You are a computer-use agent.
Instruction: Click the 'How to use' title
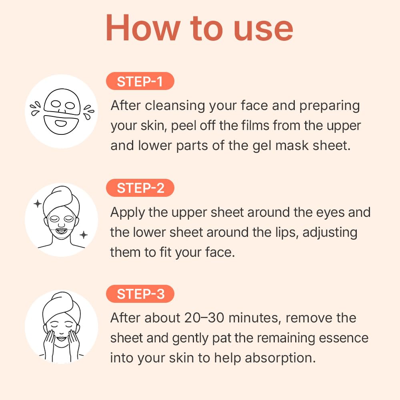(199, 28)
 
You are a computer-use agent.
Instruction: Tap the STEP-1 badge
(140, 82)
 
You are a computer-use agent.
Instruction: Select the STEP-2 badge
(140, 188)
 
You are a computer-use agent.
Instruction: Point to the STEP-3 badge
(140, 294)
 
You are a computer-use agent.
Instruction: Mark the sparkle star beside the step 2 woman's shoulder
(83, 235)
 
